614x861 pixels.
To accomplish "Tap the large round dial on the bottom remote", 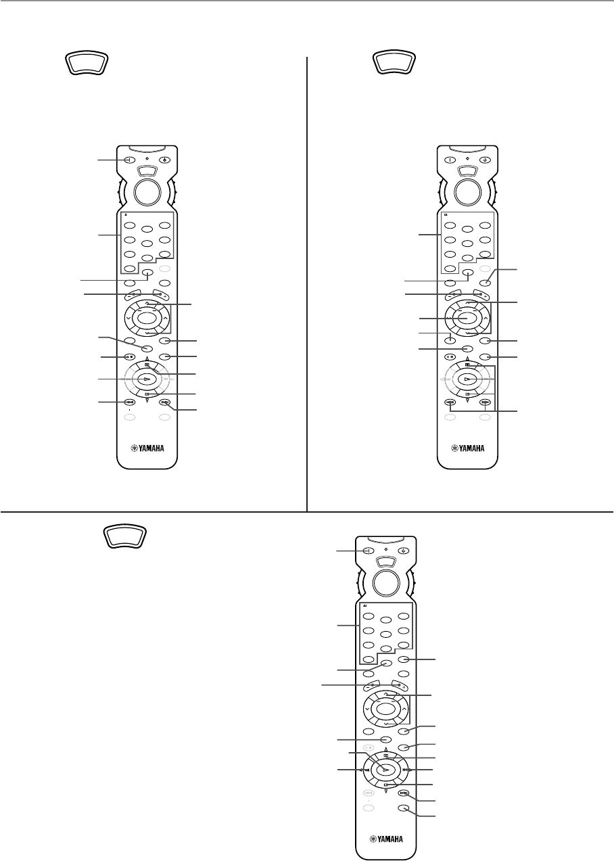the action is (384, 583).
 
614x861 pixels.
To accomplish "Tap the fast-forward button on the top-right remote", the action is (485, 403).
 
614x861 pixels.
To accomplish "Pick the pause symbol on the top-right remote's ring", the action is (467, 365).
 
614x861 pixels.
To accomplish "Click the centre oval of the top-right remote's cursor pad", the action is (467, 317).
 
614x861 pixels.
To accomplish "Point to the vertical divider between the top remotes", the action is (307, 284).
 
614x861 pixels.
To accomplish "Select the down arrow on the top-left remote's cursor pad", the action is (147, 334).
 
